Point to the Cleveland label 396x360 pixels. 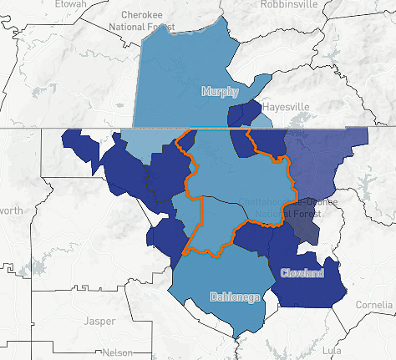point(302,273)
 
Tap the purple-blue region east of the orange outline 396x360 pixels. point(322,159)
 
